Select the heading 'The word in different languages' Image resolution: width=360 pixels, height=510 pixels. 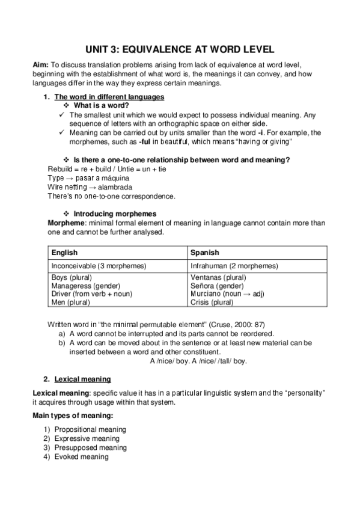tap(109, 97)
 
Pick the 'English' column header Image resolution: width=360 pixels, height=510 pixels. tap(64, 253)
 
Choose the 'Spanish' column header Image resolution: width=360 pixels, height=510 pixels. tap(204, 253)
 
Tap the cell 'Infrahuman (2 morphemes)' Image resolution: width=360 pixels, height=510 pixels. tap(234, 265)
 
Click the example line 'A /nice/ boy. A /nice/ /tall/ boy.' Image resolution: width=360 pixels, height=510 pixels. tap(198, 361)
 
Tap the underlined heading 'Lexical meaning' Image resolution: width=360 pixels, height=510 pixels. tap(82, 379)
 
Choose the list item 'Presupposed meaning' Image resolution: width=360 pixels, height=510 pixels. tap(90, 447)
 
